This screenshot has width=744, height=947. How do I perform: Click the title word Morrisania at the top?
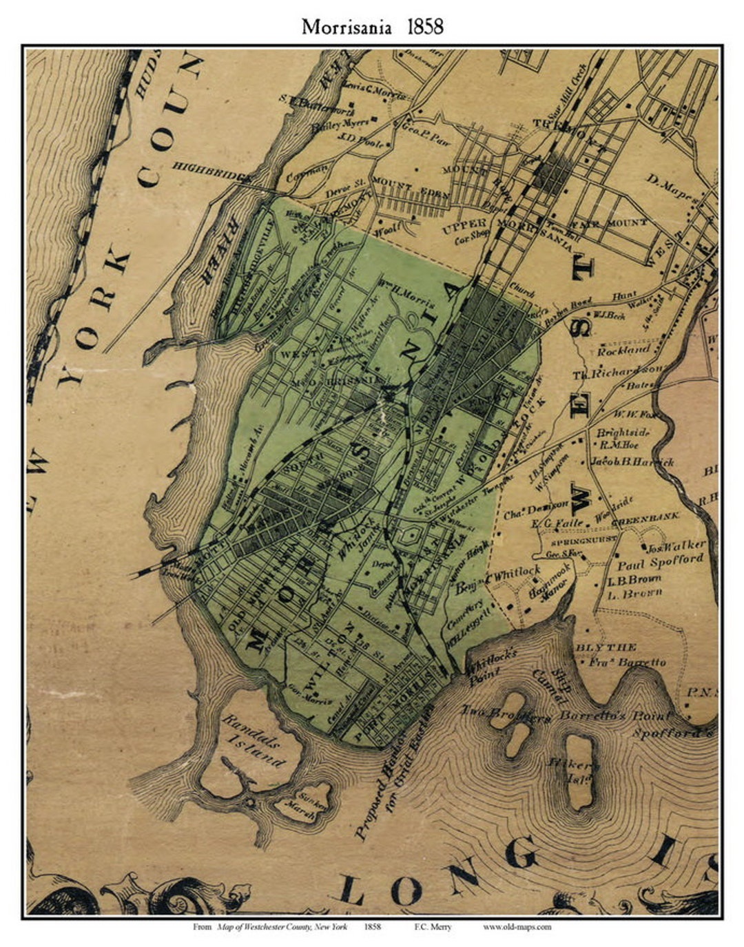347,27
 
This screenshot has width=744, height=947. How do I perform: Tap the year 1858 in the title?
425,27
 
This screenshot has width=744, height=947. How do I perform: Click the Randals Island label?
254,740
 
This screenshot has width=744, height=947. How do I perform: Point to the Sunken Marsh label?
316,802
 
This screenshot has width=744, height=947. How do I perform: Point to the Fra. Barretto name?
628,662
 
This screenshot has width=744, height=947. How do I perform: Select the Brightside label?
623,433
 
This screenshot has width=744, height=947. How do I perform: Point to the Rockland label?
623,350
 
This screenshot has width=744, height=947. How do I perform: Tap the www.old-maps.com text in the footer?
517,927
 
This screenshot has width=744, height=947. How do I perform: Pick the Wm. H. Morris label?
406,303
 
